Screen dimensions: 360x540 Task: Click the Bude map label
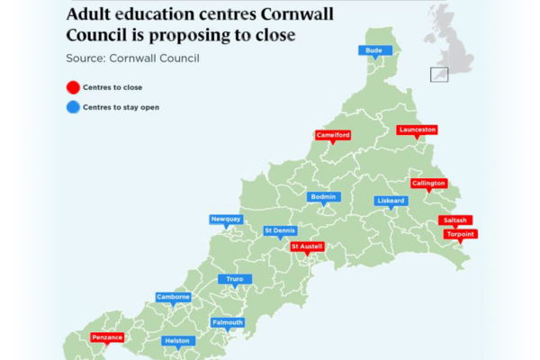click(x=375, y=49)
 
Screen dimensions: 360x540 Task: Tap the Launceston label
click(x=417, y=130)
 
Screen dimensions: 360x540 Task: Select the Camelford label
click(x=333, y=135)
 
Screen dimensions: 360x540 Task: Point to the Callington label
click(x=428, y=184)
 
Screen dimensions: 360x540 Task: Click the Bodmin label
click(x=322, y=196)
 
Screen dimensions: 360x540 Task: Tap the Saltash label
click(x=454, y=220)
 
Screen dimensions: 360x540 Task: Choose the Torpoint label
click(x=461, y=234)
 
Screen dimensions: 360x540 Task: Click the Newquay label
click(x=226, y=219)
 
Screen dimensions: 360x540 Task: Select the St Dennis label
click(x=279, y=230)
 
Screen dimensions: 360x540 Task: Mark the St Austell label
click(x=307, y=246)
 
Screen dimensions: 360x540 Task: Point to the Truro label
click(x=235, y=280)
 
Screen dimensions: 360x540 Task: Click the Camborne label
click(x=173, y=297)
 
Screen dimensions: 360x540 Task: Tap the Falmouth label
click(x=228, y=322)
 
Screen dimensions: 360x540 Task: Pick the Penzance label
click(x=107, y=337)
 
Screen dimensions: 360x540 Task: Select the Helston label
click(x=177, y=341)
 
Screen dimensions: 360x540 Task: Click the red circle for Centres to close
click(x=72, y=87)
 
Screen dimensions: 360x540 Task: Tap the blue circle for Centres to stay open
click(x=72, y=107)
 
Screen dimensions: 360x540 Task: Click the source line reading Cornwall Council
click(x=132, y=58)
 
